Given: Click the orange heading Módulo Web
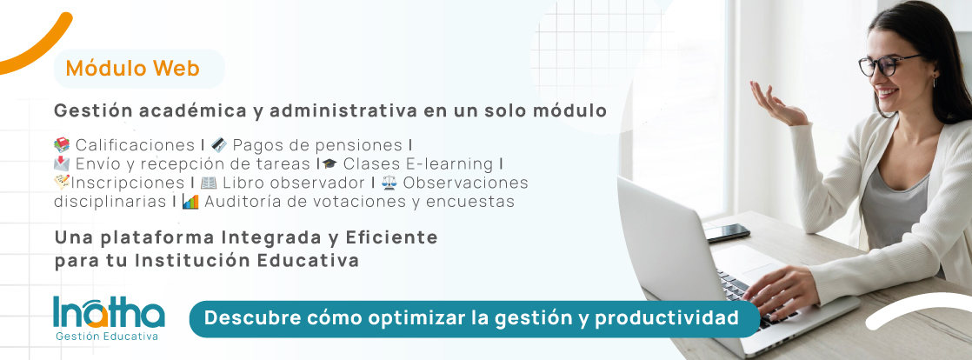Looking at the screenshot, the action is click(x=133, y=68).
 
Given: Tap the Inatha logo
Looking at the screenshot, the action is click(x=109, y=318).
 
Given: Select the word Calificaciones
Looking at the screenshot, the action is click(x=135, y=145).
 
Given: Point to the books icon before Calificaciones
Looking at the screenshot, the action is click(x=62, y=145).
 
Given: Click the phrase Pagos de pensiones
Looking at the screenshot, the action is click(x=317, y=145).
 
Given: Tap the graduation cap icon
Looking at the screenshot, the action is click(x=330, y=164).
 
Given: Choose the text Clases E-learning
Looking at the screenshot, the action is click(x=418, y=164).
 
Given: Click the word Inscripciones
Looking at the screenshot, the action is click(x=128, y=183).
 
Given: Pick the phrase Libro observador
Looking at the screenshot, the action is click(x=294, y=183).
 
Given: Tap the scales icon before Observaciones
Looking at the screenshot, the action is click(x=389, y=183).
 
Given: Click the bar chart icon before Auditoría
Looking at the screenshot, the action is click(x=190, y=202).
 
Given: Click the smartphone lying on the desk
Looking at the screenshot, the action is click(x=727, y=233).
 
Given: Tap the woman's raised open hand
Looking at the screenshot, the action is click(x=777, y=104).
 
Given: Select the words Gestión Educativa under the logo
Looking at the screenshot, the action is click(x=107, y=337).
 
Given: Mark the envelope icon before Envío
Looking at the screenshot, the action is click(x=62, y=164).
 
